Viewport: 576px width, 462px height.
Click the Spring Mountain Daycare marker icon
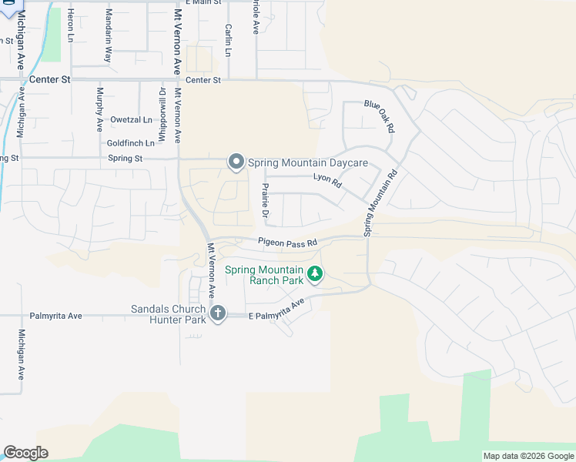[x=236, y=162]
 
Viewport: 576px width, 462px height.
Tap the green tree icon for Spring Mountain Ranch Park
[x=314, y=273]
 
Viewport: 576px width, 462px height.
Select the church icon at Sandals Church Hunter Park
[x=218, y=313]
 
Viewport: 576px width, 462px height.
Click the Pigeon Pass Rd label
[x=288, y=243]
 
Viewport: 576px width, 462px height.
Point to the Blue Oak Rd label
[x=379, y=115]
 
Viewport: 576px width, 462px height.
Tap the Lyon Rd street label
[x=327, y=179]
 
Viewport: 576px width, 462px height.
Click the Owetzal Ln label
[x=131, y=119]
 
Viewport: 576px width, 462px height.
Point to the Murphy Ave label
[x=99, y=109]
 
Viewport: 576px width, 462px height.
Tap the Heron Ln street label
[x=70, y=25]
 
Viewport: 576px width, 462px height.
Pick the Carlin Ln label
[x=228, y=40]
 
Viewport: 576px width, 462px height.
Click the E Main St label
[x=203, y=3]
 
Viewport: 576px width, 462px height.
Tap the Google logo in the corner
[x=25, y=453]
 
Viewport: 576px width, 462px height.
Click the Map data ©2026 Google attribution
[x=528, y=456]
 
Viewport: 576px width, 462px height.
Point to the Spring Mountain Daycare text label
[x=307, y=162]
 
